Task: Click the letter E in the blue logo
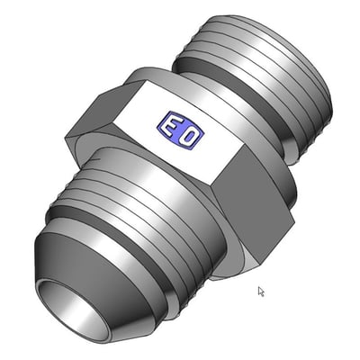pyautogui.click(x=170, y=127)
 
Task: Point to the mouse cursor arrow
pyautogui.click(x=261, y=292)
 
